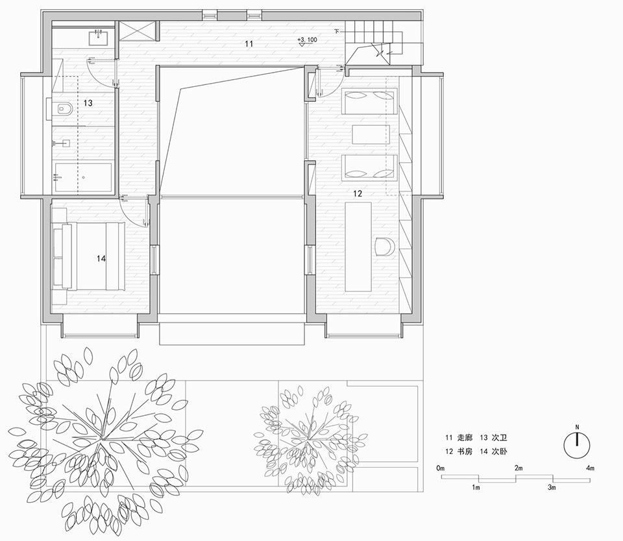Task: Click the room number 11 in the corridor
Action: coord(249,43)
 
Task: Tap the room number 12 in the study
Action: coord(358,193)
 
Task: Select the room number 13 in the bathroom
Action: coord(88,103)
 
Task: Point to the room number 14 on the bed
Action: coord(101,259)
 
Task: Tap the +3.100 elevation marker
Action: coord(307,40)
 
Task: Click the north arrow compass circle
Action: coord(578,445)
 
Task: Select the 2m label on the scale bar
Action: coord(519,468)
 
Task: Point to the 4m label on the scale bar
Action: coord(591,468)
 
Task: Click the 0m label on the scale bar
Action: coord(440,468)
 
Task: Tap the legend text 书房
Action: coord(465,451)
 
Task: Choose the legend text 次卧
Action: coord(500,451)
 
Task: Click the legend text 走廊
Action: coord(465,438)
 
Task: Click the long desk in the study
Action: coord(358,247)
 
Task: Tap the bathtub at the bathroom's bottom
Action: coord(83,177)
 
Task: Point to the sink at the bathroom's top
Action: coord(99,36)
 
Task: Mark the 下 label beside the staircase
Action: coord(337,31)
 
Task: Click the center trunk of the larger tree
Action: coord(103,439)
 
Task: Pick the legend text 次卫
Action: coord(500,438)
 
